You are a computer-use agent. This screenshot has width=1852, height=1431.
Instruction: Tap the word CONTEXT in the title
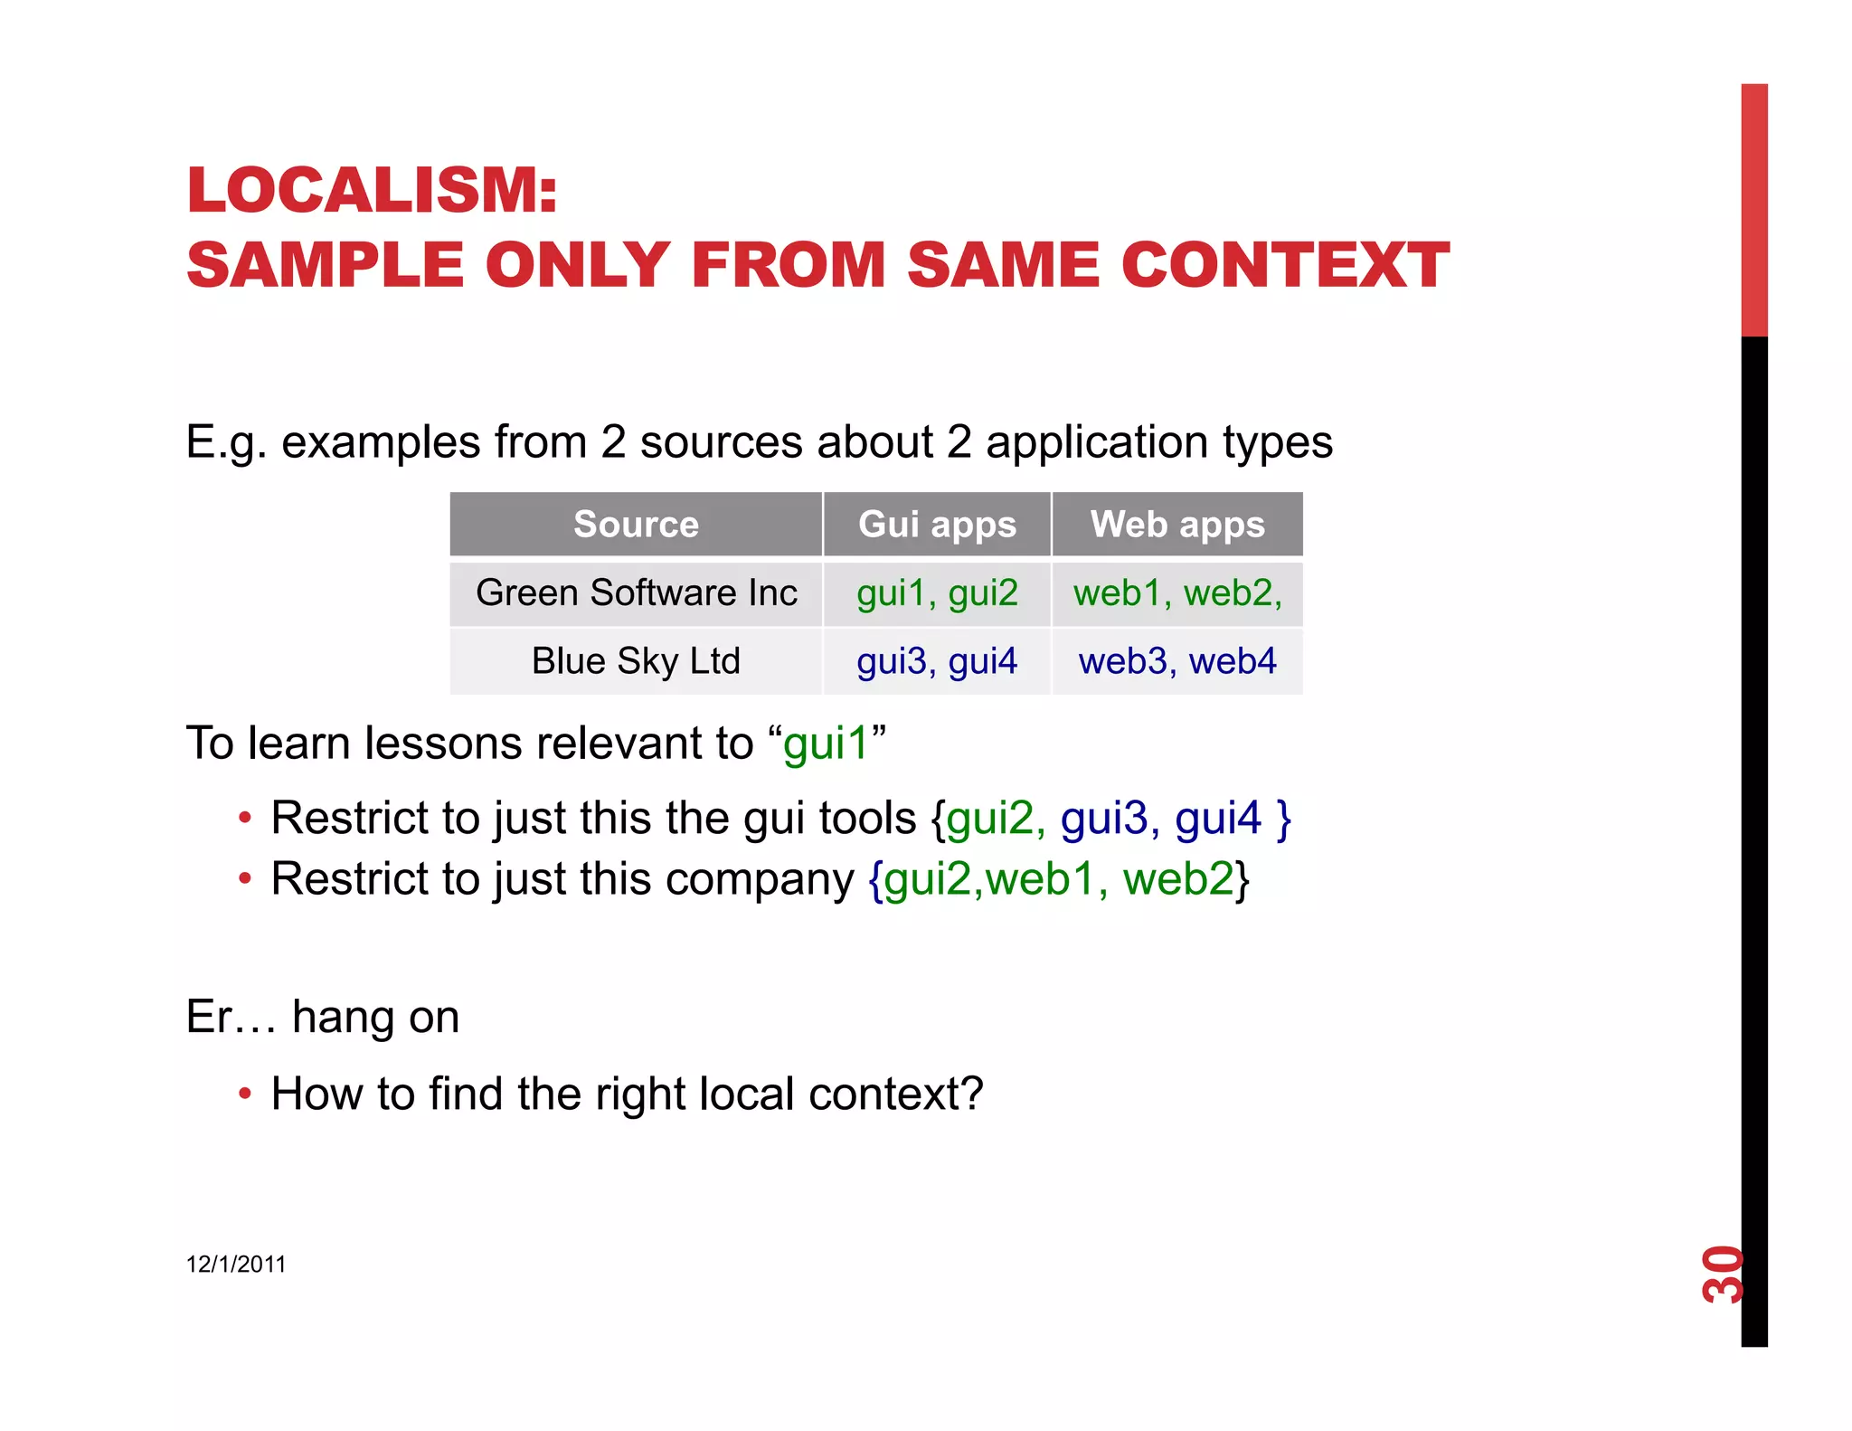(1285, 266)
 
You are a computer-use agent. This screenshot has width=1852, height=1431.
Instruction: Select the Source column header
(636, 525)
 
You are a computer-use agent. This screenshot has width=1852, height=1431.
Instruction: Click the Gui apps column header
(937, 525)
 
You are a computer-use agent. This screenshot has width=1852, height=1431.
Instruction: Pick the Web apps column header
(1176, 525)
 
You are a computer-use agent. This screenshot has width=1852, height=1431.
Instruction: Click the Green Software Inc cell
(636, 593)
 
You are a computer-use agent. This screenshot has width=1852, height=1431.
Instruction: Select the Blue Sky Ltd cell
(636, 661)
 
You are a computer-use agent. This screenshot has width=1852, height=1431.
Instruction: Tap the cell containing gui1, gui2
(937, 593)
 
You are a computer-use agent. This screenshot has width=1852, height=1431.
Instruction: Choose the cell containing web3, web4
(1176, 661)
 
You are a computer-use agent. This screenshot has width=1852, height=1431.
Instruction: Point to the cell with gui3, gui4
(937, 661)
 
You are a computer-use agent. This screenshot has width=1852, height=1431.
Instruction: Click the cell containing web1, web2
(1176, 593)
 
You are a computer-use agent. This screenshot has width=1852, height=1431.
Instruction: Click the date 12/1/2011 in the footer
(235, 1265)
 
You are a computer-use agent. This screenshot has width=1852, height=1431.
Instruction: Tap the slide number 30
(1722, 1275)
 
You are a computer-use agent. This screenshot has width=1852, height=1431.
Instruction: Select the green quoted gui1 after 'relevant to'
(825, 744)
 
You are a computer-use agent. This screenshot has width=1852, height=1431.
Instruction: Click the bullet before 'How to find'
(244, 1095)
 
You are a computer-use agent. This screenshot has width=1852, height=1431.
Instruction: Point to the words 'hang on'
(375, 1017)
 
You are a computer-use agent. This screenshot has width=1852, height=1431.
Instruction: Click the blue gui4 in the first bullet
(1217, 819)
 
